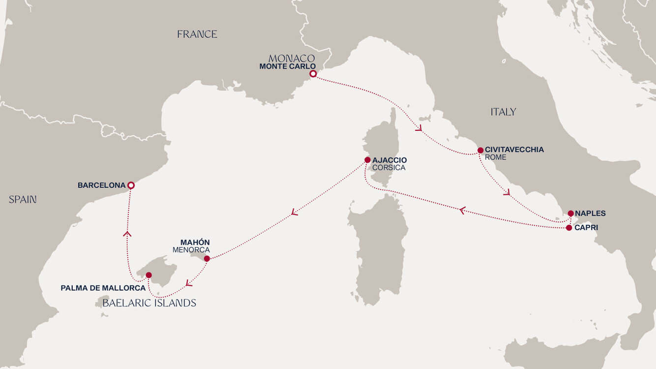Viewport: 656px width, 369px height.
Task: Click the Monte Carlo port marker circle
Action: [313, 74]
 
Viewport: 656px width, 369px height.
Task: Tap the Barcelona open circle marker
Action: [131, 185]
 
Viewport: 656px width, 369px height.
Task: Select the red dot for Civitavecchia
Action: [480, 150]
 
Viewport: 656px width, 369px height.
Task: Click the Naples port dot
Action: [570, 214]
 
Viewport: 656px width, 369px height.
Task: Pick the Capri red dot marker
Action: [569, 227]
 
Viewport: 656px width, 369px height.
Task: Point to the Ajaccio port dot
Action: [367, 160]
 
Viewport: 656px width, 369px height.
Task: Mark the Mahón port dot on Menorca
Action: [207, 258]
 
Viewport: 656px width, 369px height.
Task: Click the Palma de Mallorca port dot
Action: [149, 275]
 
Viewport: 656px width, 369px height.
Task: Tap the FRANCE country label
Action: [197, 34]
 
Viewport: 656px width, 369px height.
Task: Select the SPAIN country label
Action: [23, 199]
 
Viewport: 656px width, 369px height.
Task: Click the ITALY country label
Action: [503, 112]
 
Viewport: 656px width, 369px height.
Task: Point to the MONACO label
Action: [292, 58]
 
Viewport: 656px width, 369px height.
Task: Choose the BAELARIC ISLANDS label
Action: [149, 303]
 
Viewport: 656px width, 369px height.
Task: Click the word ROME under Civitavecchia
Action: [495, 157]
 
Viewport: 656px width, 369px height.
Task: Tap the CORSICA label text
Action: [388, 168]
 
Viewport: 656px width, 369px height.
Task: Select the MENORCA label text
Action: [191, 250]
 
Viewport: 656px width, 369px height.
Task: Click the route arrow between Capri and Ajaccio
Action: [462, 211]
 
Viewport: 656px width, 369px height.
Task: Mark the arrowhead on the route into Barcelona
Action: [127, 234]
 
